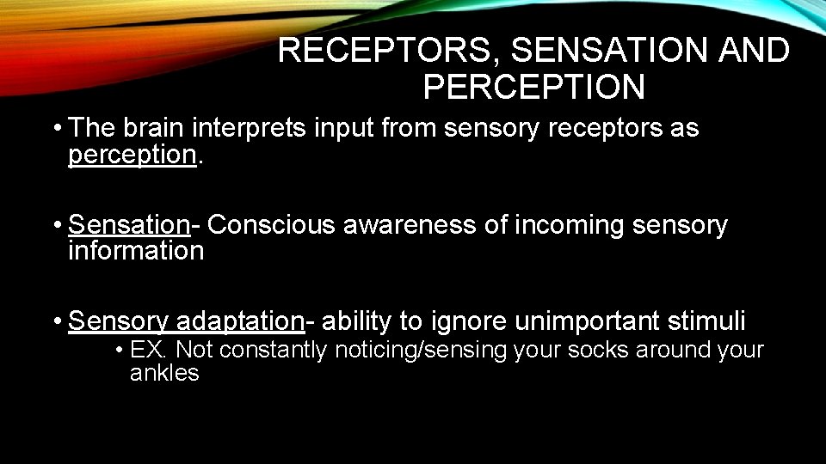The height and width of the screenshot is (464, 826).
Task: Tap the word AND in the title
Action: click(754, 51)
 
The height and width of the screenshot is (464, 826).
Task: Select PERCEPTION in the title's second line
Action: click(533, 87)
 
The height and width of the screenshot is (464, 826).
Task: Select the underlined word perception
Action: click(133, 155)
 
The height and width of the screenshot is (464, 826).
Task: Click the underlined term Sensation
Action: click(129, 224)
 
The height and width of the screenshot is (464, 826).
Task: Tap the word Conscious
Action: click(273, 224)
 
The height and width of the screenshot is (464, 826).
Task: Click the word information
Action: click(136, 251)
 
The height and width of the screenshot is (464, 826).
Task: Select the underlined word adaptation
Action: click(239, 321)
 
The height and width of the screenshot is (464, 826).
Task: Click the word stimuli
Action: click(711, 321)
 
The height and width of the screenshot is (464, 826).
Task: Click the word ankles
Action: click(164, 373)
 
